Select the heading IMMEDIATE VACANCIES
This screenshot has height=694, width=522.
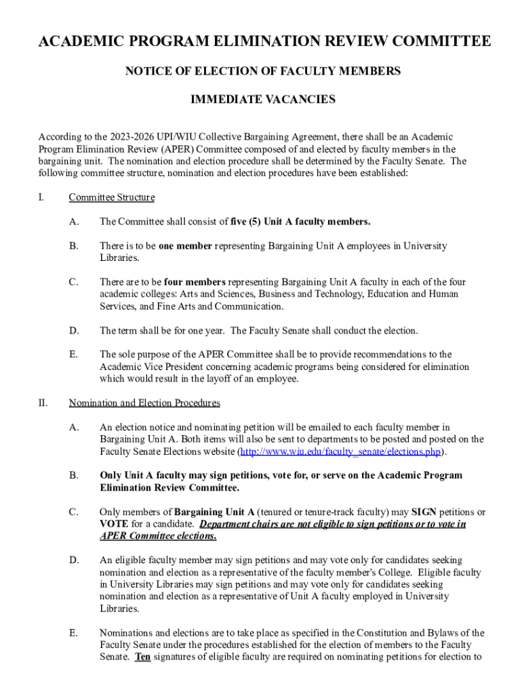pos(263,100)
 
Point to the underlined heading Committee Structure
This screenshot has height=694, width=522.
pos(112,197)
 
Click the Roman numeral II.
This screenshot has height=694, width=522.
pos(43,403)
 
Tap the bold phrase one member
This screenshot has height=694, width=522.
pos(185,246)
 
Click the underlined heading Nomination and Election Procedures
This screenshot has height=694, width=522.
pos(144,403)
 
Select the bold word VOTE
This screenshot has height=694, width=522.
pos(113,524)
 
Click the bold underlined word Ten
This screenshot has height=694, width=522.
pos(142,657)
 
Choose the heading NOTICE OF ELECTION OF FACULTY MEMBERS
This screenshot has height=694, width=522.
pos(263,71)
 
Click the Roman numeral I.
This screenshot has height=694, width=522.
pos(41,197)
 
